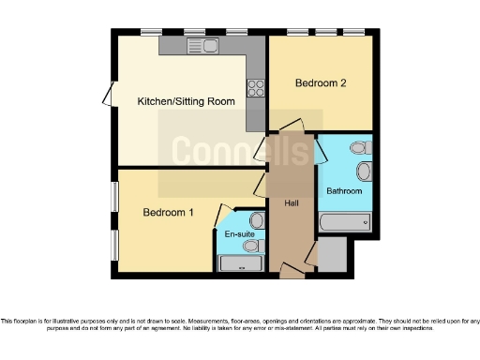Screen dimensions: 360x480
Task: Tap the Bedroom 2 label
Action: [x=321, y=83]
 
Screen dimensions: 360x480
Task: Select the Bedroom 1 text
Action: [x=168, y=213]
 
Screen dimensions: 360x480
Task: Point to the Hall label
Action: [x=290, y=202]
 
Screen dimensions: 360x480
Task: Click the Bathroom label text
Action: [x=343, y=191]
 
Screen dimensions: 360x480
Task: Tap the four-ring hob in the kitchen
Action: [x=254, y=88]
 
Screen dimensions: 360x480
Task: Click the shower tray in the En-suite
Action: [x=240, y=263]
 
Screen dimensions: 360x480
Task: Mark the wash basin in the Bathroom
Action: [x=365, y=171]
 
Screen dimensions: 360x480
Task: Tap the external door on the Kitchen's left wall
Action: [x=107, y=94]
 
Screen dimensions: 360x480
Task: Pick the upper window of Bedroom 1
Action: [x=116, y=197]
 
